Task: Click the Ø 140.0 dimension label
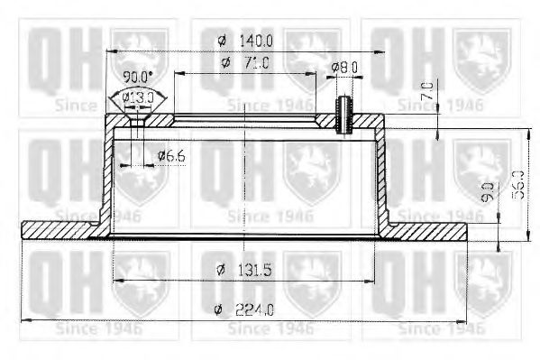[x=245, y=39]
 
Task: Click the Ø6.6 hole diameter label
[x=170, y=157]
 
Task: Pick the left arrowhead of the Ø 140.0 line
[x=111, y=51]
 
